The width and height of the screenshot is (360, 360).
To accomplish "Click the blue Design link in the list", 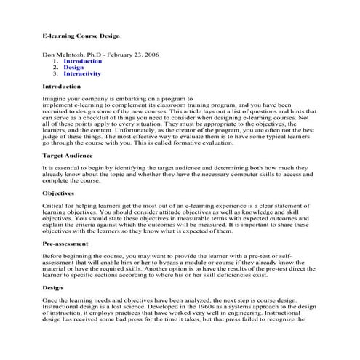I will tap(73, 68).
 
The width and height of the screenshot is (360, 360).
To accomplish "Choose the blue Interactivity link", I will tap(82, 74).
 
